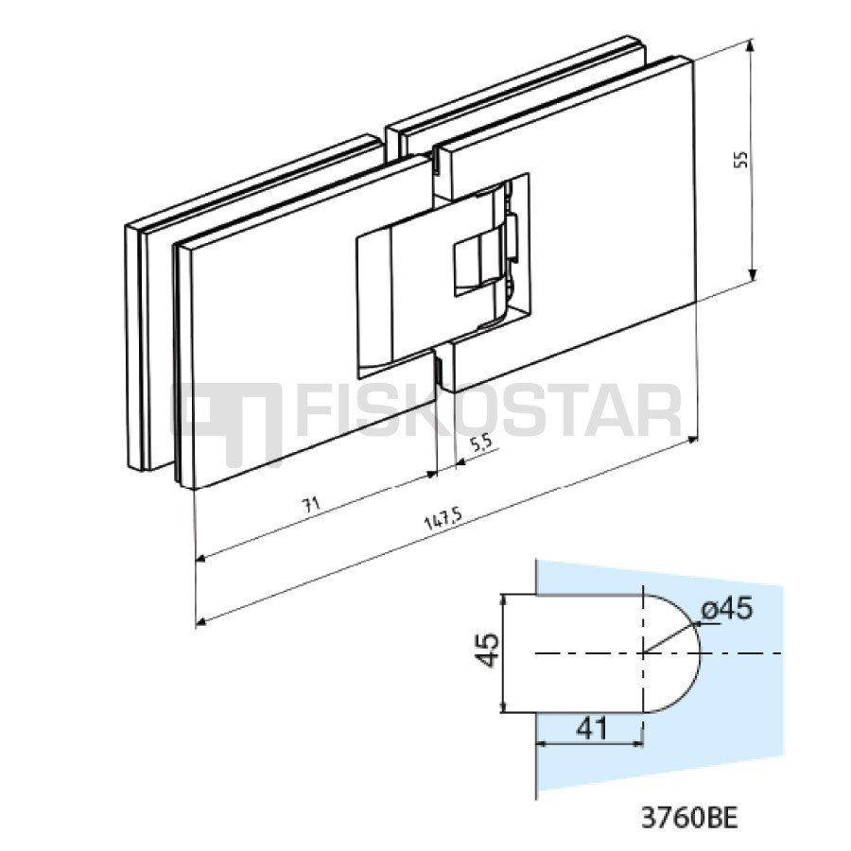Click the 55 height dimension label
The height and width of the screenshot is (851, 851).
pyautogui.click(x=740, y=159)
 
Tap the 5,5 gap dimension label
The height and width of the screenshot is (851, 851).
pyautogui.click(x=481, y=443)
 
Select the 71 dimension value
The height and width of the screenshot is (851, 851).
pyautogui.click(x=311, y=505)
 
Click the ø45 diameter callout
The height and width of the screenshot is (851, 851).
pyautogui.click(x=727, y=609)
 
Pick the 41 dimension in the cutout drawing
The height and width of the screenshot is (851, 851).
pyautogui.click(x=592, y=729)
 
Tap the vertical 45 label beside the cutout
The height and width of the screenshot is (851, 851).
pyautogui.click(x=486, y=650)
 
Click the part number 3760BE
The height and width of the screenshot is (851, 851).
pyautogui.click(x=690, y=817)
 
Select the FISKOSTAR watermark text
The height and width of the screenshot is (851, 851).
pyautogui.click(x=489, y=411)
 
